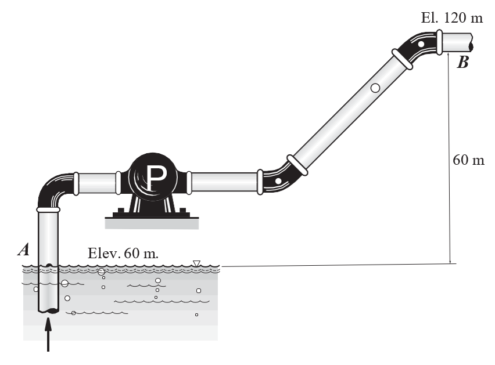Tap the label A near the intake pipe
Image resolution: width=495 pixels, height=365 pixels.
[x=24, y=250]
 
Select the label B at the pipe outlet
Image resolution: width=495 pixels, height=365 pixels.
[x=463, y=62]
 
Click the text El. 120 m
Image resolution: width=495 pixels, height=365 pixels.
[x=452, y=17]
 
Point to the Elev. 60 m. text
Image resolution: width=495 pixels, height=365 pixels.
[x=123, y=253]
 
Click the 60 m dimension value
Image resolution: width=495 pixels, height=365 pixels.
[x=468, y=160]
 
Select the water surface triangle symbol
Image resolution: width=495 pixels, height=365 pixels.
[x=197, y=263]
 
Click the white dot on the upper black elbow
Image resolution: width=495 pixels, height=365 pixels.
[x=421, y=44]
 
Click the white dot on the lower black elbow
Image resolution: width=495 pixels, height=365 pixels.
[x=278, y=181]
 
